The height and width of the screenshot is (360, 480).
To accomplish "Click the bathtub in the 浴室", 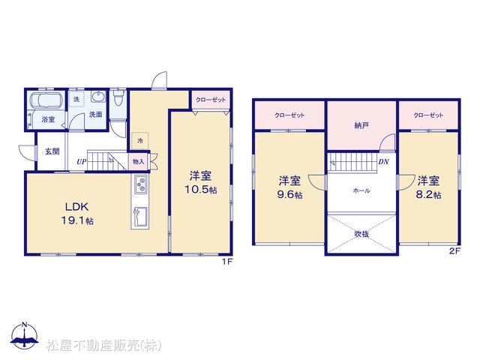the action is click(46, 100).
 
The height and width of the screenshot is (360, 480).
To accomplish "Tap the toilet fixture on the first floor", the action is click(118, 97).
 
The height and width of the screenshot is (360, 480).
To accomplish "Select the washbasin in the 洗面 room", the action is click(98, 97).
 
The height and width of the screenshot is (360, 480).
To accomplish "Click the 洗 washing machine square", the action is click(76, 99).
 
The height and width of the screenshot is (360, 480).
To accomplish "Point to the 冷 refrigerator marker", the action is click(140, 141).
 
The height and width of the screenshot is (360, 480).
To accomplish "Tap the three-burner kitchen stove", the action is click(140, 184).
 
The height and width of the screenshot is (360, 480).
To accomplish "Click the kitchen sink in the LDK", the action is click(140, 217).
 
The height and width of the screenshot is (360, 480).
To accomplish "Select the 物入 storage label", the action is click(138, 161).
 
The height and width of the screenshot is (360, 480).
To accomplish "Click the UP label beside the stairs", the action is click(82, 162).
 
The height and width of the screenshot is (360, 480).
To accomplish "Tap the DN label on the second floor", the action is click(383, 162).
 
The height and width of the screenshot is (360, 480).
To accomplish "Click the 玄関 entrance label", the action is click(52, 151).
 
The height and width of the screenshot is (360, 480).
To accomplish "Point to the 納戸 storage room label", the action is click(361, 125).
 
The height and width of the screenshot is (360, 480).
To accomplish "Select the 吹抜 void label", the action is click(361, 234).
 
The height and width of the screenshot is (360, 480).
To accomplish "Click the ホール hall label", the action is click(361, 190).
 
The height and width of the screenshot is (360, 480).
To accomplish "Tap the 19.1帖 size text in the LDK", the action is click(78, 220).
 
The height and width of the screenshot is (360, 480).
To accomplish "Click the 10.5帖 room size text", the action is click(200, 190).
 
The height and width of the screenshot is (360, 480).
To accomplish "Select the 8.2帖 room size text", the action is click(428, 195).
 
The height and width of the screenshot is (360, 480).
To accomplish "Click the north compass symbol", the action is click(25, 335).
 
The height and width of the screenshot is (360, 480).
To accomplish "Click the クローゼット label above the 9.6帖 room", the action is click(289, 115).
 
